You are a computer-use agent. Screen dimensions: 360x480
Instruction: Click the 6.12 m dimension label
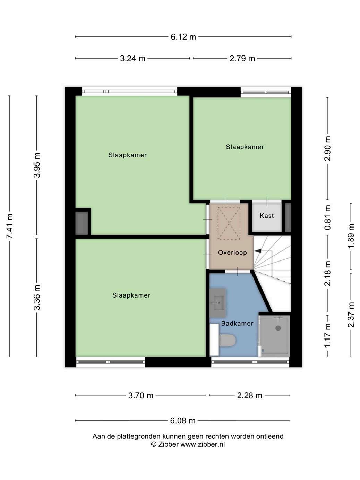click(183, 37)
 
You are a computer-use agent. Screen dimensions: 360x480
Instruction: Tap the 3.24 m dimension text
click(132, 58)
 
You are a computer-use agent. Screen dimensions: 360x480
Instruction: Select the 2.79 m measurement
click(242, 58)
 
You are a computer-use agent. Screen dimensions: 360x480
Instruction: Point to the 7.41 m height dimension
click(10, 226)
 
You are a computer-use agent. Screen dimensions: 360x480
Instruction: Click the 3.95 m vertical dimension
click(37, 165)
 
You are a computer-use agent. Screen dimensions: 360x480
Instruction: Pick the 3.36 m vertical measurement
click(37, 298)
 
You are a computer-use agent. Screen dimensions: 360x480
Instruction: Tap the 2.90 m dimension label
click(327, 148)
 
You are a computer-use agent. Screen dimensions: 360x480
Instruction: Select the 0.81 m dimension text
click(327, 217)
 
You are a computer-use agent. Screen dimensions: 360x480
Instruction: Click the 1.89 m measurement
click(351, 236)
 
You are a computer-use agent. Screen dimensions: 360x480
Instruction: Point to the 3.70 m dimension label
click(141, 395)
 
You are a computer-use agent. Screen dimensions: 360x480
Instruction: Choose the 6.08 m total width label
click(183, 420)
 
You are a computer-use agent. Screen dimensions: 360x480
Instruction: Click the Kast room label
click(267, 216)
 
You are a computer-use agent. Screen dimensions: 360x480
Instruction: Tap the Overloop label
click(232, 252)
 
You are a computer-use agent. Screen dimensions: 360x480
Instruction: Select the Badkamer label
click(237, 323)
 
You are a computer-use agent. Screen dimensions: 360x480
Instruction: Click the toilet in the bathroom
click(227, 340)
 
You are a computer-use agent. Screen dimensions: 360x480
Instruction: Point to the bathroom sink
click(218, 303)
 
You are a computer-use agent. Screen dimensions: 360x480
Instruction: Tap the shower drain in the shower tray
click(278, 328)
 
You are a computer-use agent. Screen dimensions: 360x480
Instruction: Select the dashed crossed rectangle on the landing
click(229, 223)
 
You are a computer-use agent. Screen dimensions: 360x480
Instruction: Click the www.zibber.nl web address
click(203, 444)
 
